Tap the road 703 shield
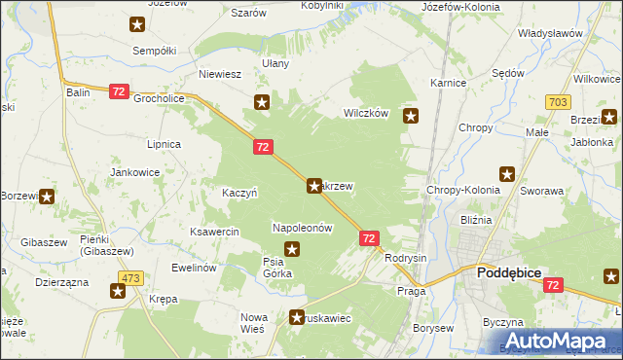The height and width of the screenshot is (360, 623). [x=558, y=101]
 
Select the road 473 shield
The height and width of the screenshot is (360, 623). [x=132, y=278]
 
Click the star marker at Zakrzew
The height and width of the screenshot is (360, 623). [x=314, y=185]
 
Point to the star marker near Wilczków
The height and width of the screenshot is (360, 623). [x=412, y=117]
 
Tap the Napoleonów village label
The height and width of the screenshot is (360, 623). [x=303, y=228]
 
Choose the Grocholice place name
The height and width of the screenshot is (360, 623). [x=160, y=99]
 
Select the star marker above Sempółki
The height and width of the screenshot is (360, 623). [x=138, y=24]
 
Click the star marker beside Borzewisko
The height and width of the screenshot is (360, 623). [x=47, y=196]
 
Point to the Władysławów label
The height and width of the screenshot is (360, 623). [x=549, y=33]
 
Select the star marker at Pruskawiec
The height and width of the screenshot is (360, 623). [x=298, y=315]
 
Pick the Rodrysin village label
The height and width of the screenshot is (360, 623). [x=406, y=258]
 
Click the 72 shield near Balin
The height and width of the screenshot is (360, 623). [x=118, y=91]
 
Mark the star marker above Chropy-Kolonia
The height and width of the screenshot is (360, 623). [x=507, y=174]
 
